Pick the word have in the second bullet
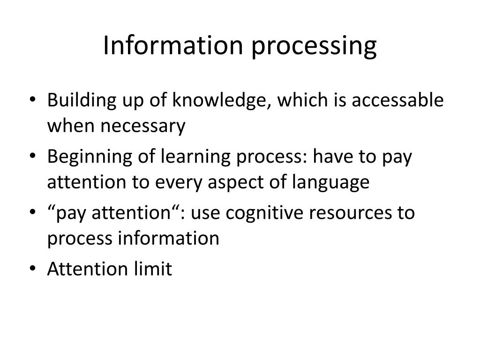pyautogui.click(x=335, y=157)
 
